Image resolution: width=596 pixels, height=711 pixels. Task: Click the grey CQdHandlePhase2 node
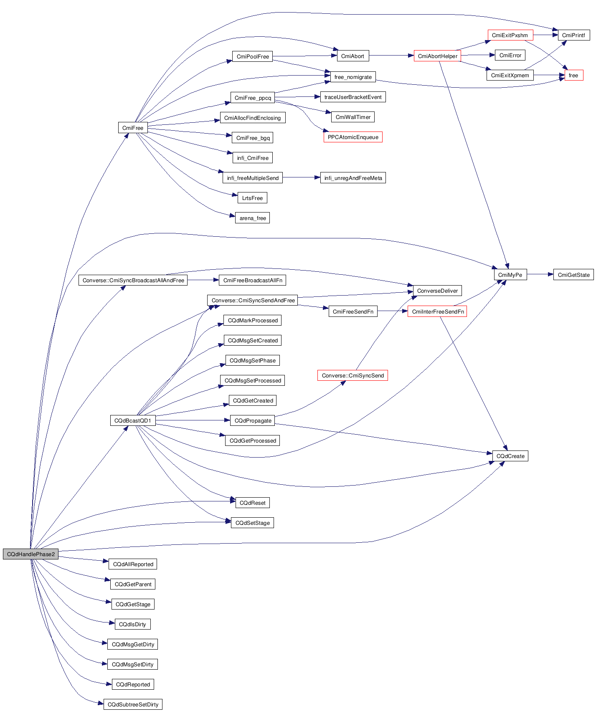[30, 554]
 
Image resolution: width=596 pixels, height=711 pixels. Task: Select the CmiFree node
[133, 128]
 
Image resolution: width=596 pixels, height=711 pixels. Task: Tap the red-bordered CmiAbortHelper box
[437, 56]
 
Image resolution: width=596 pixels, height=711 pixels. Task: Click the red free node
[573, 75]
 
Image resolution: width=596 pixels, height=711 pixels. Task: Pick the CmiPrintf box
[573, 35]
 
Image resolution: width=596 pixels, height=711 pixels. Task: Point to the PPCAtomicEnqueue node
[353, 137]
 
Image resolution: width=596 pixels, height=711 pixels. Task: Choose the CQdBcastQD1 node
[133, 420]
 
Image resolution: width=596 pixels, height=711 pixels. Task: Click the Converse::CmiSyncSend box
[353, 375]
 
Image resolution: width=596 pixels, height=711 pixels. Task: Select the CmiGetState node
[573, 275]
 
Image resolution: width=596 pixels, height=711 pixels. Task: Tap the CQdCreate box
[510, 456]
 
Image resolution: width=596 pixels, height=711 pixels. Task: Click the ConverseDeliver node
[437, 291]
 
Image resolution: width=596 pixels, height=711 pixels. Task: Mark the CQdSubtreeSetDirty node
[133, 704]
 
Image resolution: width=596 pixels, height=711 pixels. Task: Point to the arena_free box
[253, 218]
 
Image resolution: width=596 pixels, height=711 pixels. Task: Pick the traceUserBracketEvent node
[353, 97]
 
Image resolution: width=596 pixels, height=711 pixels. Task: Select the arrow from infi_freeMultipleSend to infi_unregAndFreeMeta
[301, 177]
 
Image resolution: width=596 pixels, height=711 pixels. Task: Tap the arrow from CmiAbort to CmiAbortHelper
[391, 55]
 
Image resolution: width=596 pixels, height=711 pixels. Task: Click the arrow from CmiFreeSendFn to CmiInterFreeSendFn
[392, 311]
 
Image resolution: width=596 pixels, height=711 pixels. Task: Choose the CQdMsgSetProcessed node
[253, 380]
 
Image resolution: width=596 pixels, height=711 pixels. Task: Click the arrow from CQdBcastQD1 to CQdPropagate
[193, 420]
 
